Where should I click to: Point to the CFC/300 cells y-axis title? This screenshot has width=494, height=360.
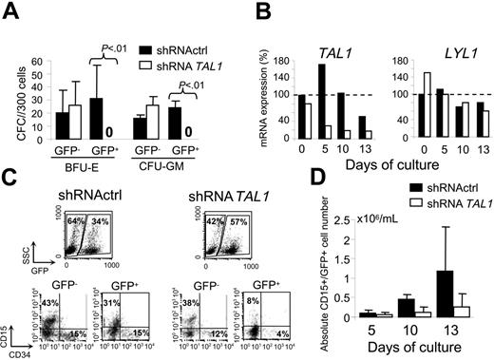pos(11,94)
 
